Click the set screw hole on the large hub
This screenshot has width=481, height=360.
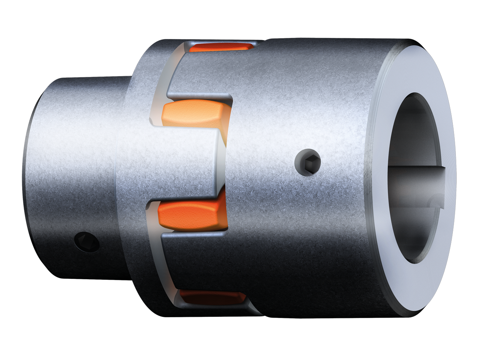pyautogui.click(x=308, y=162)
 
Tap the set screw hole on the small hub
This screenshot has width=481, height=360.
pyautogui.click(x=87, y=242)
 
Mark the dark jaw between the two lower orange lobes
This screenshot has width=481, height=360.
pyautogui.click(x=195, y=263)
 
